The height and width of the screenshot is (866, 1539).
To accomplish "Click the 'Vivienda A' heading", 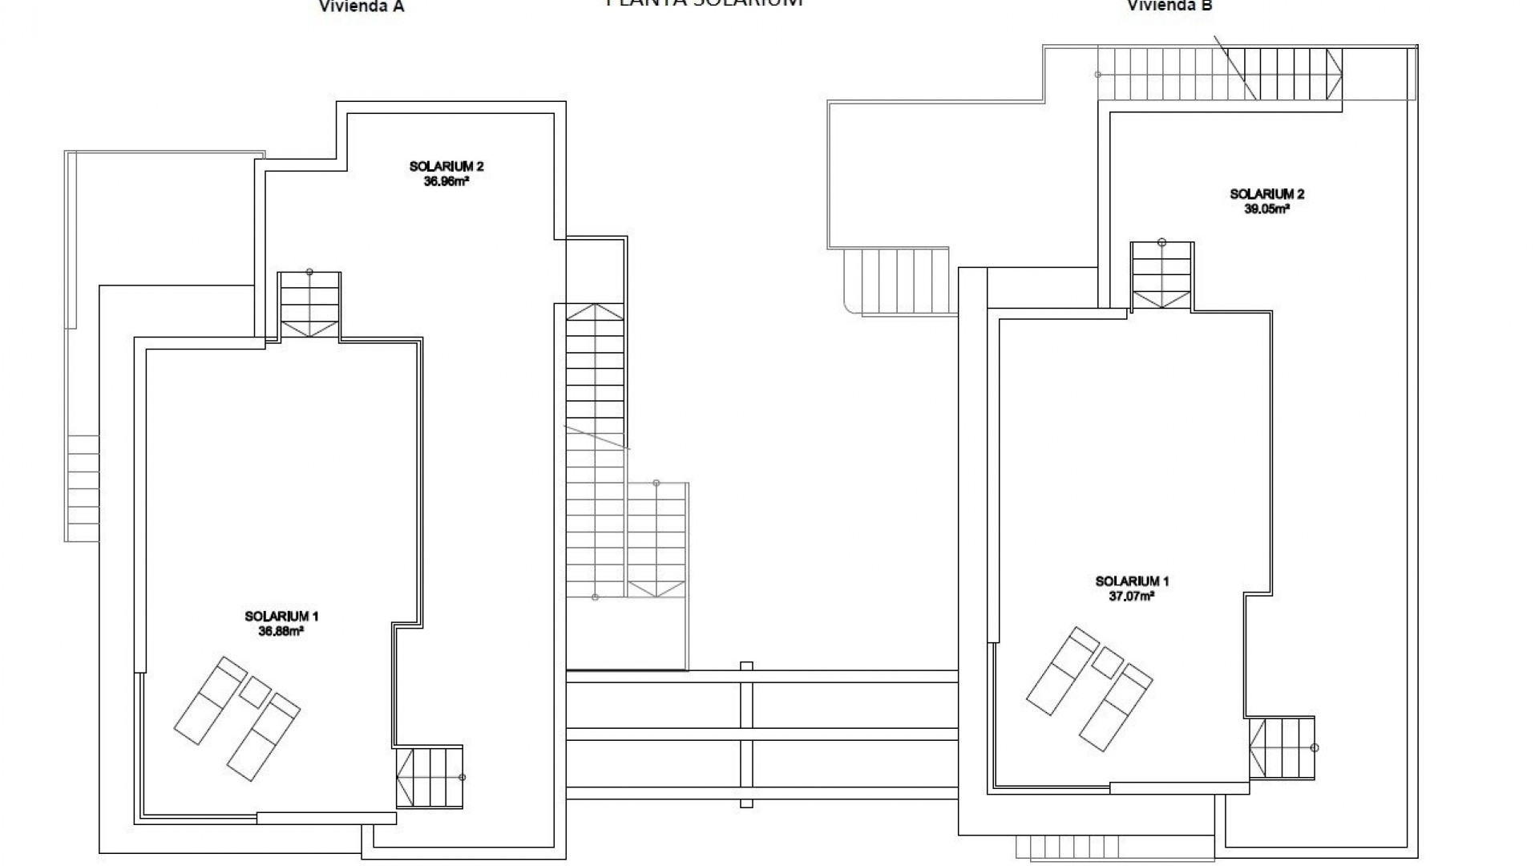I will (362, 7).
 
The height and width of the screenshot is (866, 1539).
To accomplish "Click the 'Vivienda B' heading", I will (1170, 6).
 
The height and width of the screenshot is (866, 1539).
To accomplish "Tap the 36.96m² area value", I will (446, 181).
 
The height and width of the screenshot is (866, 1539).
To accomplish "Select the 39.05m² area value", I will (1267, 208).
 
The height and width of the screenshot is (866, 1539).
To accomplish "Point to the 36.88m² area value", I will (281, 631).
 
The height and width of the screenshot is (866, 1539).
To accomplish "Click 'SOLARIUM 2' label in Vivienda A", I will (446, 167).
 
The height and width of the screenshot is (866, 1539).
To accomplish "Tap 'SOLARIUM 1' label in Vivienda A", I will (281, 617).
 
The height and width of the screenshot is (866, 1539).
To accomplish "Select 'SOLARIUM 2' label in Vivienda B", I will (1267, 194).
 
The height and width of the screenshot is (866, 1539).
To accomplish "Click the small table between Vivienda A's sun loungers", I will (256, 692).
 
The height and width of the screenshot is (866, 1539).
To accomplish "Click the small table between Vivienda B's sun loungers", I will (1108, 662).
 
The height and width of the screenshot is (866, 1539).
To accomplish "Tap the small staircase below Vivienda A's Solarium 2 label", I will (309, 305).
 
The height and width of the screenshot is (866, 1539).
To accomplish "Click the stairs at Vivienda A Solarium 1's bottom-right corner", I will (430, 776).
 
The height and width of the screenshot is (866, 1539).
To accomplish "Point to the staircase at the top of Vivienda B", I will (1218, 74).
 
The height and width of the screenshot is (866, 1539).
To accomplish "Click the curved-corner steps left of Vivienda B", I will (898, 281).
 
